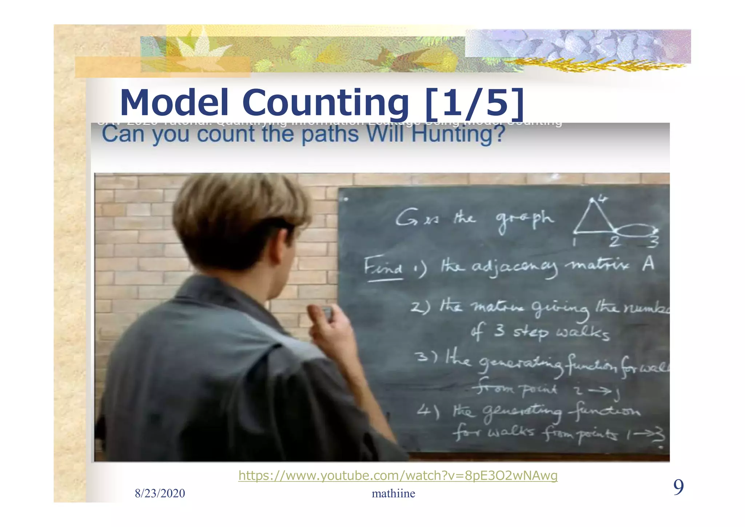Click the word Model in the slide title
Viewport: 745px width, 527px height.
click(x=174, y=103)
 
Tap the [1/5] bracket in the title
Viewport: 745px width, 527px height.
click(x=474, y=103)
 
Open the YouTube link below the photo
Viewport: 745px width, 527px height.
click(x=398, y=475)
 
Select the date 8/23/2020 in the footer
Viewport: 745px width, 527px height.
click(x=160, y=493)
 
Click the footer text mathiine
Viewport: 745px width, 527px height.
click(x=393, y=493)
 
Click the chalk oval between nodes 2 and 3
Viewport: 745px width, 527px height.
click(x=636, y=230)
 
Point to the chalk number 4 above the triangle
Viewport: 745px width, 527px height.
click(x=602, y=199)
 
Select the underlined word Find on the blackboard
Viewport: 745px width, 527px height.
click(x=383, y=266)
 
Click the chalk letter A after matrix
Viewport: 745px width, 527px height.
click(x=648, y=264)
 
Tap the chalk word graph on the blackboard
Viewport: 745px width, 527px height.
click(x=524, y=219)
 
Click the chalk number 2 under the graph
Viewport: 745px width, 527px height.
click(x=614, y=241)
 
